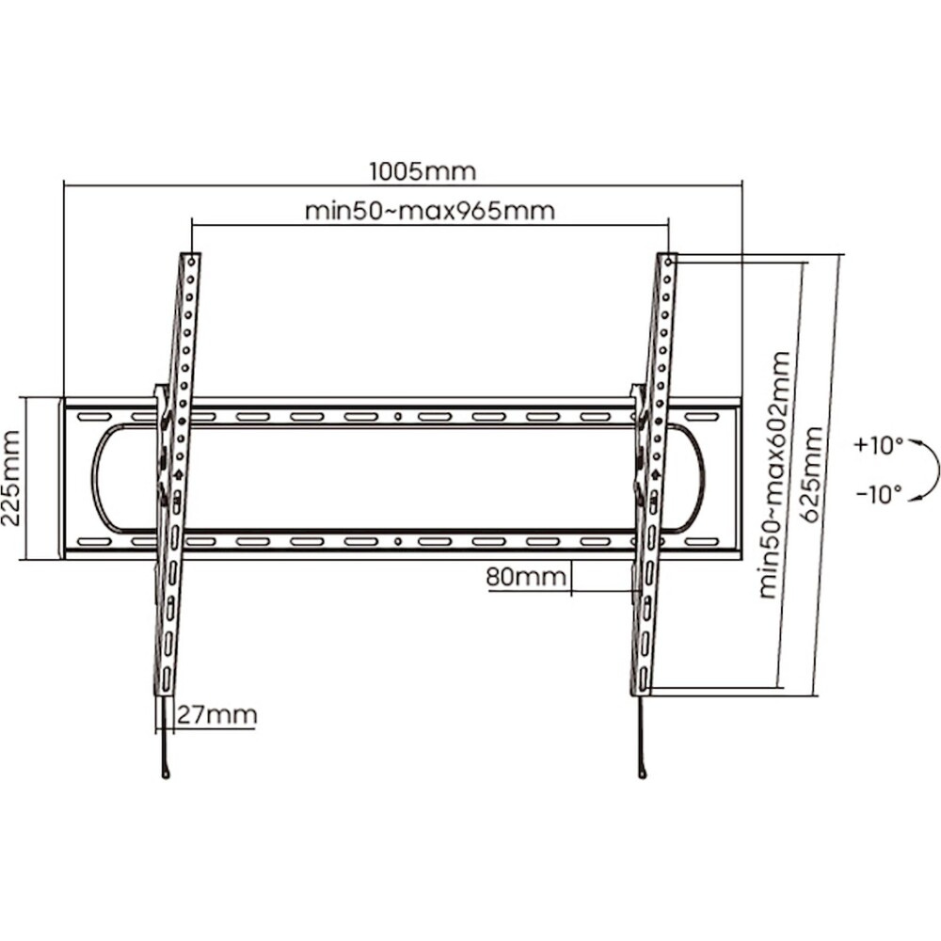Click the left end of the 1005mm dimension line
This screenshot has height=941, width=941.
[64, 185]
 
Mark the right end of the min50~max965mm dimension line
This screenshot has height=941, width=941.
[668, 225]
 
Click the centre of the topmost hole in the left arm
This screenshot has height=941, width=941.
[191, 261]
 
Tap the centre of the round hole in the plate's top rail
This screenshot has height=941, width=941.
[398, 416]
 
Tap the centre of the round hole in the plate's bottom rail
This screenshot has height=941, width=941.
[398, 541]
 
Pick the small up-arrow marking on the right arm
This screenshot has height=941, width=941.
[655, 474]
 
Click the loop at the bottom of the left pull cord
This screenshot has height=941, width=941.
[167, 774]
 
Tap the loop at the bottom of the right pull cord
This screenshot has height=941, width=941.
[643, 774]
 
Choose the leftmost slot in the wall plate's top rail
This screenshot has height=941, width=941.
[93, 417]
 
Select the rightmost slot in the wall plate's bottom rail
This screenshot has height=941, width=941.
[702, 542]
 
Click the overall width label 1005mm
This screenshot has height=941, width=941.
[423, 171]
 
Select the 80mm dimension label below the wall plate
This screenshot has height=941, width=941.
[526, 577]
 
